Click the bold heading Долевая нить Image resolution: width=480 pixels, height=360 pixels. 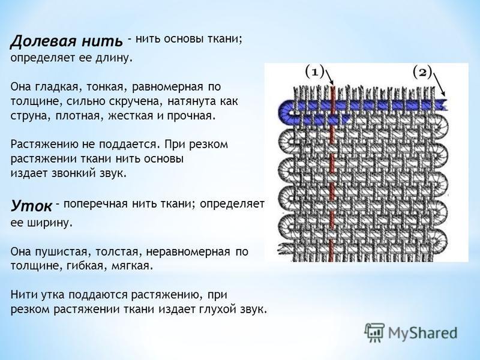pyautogui.click(x=67, y=41)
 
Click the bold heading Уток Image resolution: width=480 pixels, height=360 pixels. pyautogui.click(x=32, y=206)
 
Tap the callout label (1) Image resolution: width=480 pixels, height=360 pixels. pyautogui.click(x=314, y=72)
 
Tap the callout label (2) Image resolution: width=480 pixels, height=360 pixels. pyautogui.click(x=422, y=72)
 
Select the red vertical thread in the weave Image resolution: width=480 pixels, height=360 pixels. pyautogui.click(x=332, y=173)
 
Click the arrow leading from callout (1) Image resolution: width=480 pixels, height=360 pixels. pyautogui.click(x=329, y=77)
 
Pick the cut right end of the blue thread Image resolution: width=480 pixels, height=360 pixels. pyautogui.click(x=443, y=105)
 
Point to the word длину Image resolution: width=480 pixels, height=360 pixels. pyautogui.click(x=114, y=58)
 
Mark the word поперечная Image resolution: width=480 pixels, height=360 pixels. pyautogui.click(x=95, y=203)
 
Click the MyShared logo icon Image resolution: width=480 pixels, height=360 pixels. pyautogui.click(x=374, y=332)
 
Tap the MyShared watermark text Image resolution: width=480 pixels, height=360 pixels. pyautogui.click(x=423, y=333)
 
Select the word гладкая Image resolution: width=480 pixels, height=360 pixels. pyautogui.click(x=58, y=87)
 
